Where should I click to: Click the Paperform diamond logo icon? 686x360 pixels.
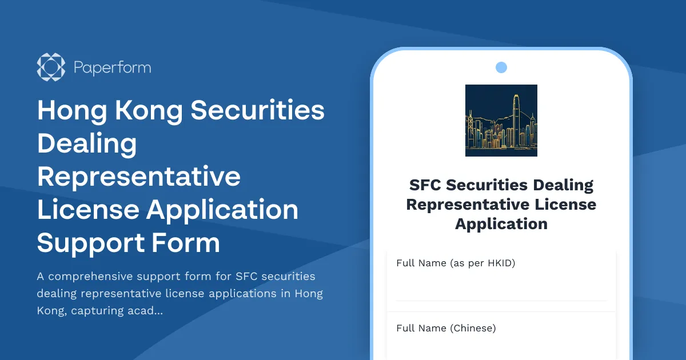[51, 67]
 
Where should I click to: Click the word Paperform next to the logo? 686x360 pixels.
[112, 68]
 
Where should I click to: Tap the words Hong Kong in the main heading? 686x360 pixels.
[110, 110]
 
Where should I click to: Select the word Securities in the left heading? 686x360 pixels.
[257, 110]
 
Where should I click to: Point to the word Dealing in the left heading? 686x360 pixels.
[87, 143]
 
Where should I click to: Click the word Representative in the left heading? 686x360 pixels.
[139, 177]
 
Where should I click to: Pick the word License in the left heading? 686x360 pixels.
[87, 210]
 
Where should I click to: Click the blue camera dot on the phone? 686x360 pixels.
[501, 67]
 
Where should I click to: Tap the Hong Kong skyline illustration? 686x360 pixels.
[501, 121]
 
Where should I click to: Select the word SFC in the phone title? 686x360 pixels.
[425, 185]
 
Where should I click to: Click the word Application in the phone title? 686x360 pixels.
[501, 224]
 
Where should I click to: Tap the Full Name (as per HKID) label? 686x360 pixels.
[456, 263]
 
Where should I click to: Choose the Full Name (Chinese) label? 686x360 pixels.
[446, 329]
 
